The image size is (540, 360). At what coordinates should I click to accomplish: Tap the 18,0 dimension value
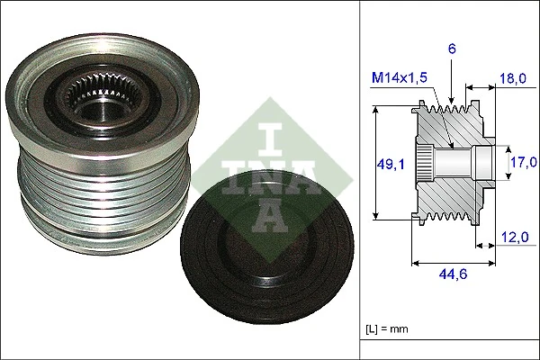pos(512,79)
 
